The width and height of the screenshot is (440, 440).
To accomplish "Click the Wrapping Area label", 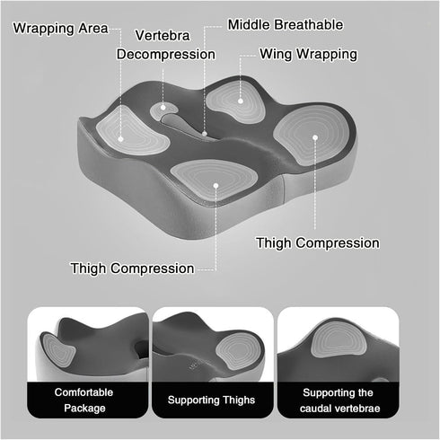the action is (x=60, y=29).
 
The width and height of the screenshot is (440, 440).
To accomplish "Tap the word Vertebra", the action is (x=163, y=36).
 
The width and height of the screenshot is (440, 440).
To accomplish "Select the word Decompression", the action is (x=166, y=55).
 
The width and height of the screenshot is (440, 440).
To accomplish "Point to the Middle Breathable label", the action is (x=286, y=25).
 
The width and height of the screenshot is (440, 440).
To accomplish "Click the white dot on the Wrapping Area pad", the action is (x=120, y=139).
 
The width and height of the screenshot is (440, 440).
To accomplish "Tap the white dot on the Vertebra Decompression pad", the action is (x=163, y=107).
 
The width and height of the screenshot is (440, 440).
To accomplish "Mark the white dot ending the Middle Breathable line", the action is (x=205, y=134).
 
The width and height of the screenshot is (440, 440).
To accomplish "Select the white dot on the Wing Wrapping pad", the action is (x=241, y=101).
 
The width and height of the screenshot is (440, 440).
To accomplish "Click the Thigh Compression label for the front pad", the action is (x=132, y=268).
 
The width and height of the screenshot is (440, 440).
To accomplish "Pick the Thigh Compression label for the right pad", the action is (x=318, y=243).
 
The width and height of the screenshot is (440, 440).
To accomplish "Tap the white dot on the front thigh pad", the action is (x=216, y=186).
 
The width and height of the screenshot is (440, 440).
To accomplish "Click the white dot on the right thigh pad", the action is (x=315, y=137).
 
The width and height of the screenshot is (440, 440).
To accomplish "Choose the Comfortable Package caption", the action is (x=84, y=400).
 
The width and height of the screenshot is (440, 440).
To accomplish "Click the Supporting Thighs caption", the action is (x=211, y=400).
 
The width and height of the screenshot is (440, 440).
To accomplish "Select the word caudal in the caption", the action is (x=315, y=409).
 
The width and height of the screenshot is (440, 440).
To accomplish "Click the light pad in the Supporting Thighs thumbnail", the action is (x=239, y=350).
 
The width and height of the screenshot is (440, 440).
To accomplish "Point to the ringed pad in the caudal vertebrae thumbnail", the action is (x=339, y=341).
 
